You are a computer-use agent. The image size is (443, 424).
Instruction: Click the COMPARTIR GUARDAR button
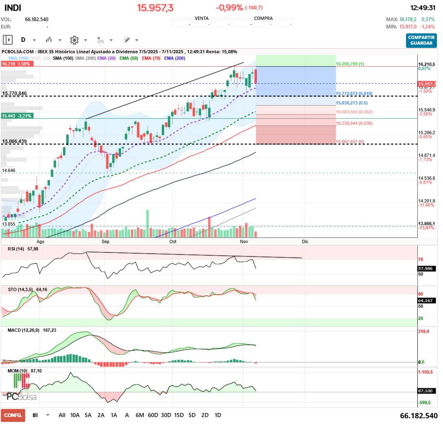421,40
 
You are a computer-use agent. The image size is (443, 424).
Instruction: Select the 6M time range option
140,415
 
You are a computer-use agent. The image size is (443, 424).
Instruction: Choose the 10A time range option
75,415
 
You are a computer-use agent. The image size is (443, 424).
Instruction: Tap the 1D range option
218,415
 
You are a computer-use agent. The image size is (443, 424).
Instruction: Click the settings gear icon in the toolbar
74,40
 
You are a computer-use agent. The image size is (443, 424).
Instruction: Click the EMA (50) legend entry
128,59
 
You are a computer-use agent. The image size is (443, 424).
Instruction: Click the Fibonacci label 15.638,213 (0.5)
352,103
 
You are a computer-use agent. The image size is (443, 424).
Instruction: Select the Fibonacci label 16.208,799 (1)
350,64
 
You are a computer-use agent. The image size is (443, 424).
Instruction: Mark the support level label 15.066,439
15,141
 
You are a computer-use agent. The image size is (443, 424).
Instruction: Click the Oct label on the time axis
173,241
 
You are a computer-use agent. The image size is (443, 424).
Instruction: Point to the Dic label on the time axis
305,241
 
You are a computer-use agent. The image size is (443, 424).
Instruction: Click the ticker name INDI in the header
13,8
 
